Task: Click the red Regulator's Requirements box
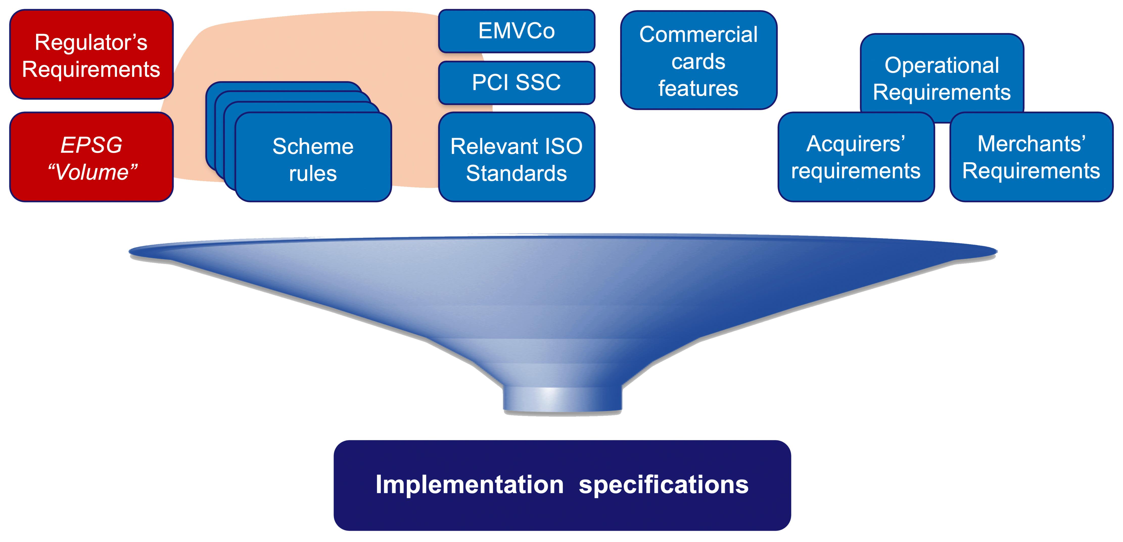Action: (x=91, y=55)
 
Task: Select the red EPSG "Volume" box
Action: (x=91, y=157)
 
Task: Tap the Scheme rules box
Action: (x=313, y=157)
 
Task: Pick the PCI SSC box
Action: (x=517, y=82)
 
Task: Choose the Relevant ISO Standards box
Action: (x=517, y=157)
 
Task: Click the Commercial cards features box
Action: (x=698, y=60)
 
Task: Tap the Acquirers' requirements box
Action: (x=856, y=157)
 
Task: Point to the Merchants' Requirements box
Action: (x=1031, y=157)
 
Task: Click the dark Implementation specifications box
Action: (x=562, y=485)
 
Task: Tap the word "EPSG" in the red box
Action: (x=91, y=145)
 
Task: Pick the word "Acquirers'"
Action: (x=856, y=144)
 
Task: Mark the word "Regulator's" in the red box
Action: (x=91, y=42)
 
